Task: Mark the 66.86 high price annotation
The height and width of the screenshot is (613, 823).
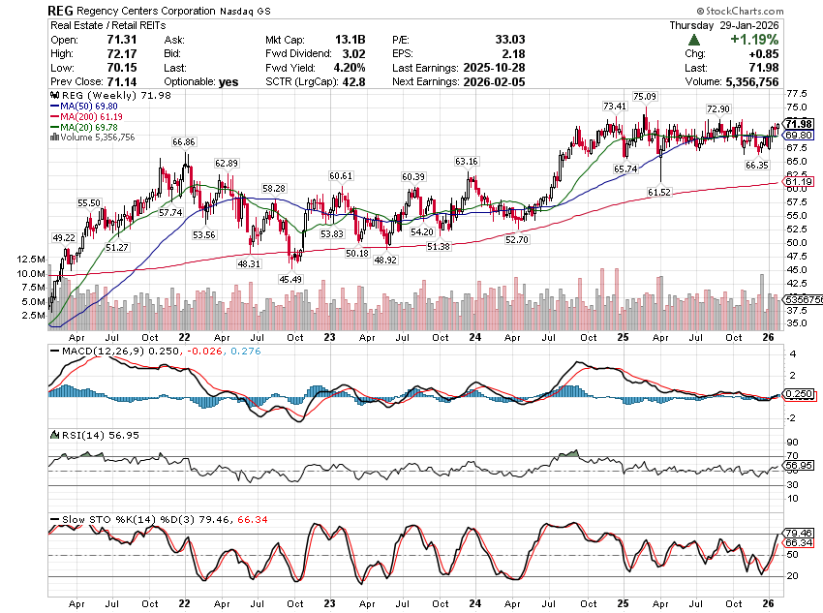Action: [184, 141]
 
